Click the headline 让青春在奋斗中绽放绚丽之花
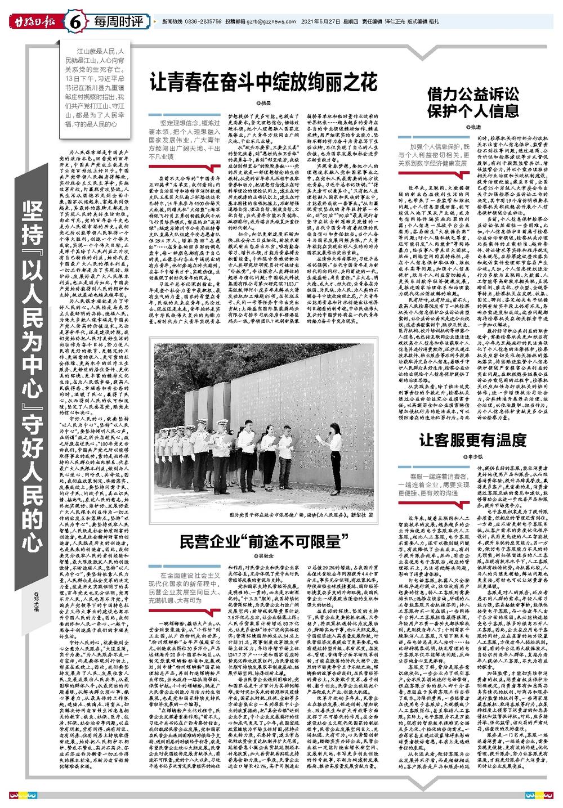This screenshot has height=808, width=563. click(x=263, y=83)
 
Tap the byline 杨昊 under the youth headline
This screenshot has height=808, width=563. click(x=263, y=104)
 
